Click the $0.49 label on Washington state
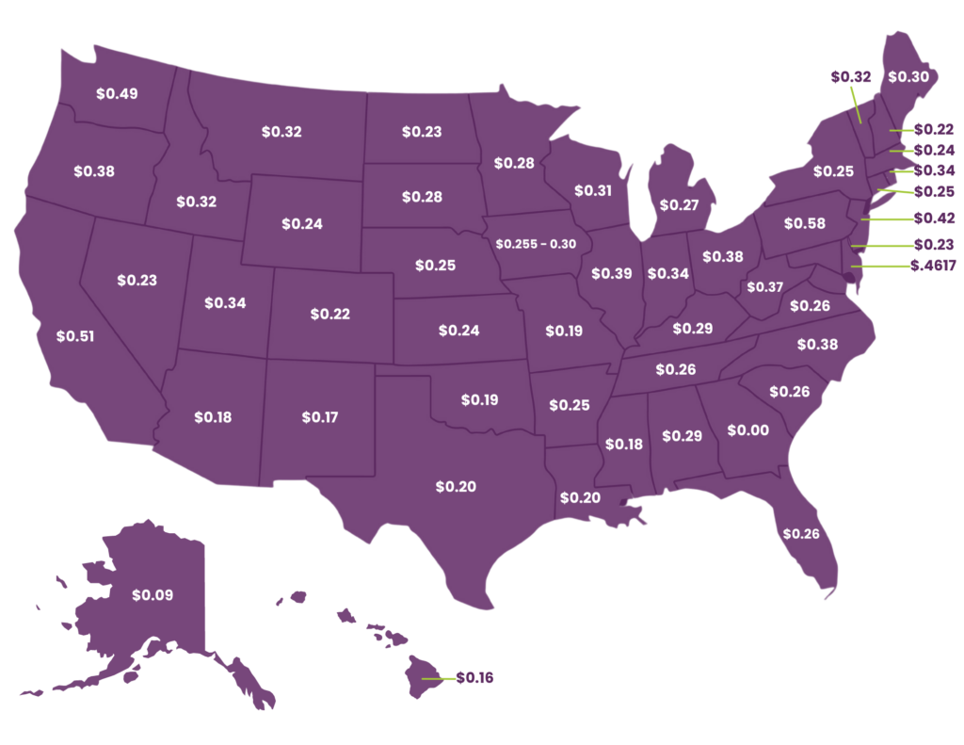pyautogui.click(x=118, y=93)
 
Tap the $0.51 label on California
pyautogui.click(x=75, y=335)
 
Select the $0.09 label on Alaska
pyautogui.click(x=153, y=595)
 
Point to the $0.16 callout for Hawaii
pyautogui.click(x=474, y=678)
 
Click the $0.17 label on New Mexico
pyautogui.click(x=321, y=415)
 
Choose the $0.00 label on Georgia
pyautogui.click(x=748, y=430)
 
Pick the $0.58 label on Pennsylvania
pyautogui.click(x=806, y=223)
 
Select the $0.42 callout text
pyautogui.click(x=934, y=218)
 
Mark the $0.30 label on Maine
pyautogui.click(x=908, y=77)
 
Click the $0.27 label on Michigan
pyautogui.click(x=679, y=204)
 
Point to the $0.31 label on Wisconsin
pyautogui.click(x=593, y=190)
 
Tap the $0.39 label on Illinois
pyautogui.click(x=612, y=273)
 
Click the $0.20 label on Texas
pyautogui.click(x=456, y=486)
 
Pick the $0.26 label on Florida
pyautogui.click(x=801, y=534)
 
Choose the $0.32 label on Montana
pyautogui.click(x=281, y=132)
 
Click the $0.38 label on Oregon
pyautogui.click(x=94, y=171)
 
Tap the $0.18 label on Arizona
pyautogui.click(x=213, y=415)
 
